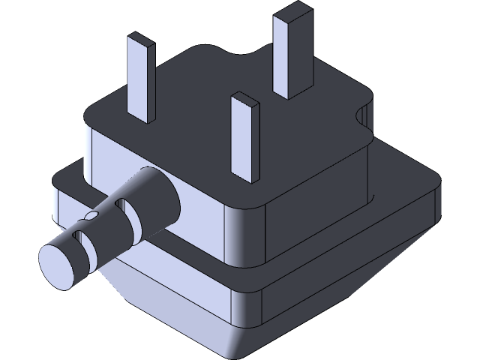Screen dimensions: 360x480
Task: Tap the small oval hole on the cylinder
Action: pyautogui.click(x=91, y=215)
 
